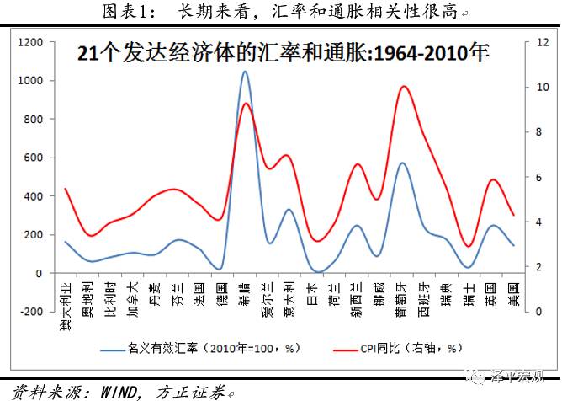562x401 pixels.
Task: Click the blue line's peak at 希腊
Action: pyautogui.click(x=244, y=72)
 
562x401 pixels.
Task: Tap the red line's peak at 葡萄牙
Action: pyautogui.click(x=403, y=86)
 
